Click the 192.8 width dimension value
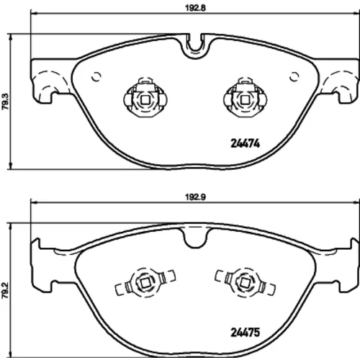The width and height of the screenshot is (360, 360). (x=195, y=8)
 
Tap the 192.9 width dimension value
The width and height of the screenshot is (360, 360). (x=195, y=197)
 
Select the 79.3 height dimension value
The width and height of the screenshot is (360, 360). (x=5, y=102)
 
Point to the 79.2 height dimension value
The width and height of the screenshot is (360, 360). (x=5, y=290)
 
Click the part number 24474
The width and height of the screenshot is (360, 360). (x=245, y=143)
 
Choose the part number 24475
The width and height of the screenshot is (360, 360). (x=245, y=333)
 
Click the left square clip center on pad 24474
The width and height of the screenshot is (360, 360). (x=145, y=99)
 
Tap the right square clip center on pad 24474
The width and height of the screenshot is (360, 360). (x=245, y=99)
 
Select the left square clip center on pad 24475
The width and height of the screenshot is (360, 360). (x=145, y=283)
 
